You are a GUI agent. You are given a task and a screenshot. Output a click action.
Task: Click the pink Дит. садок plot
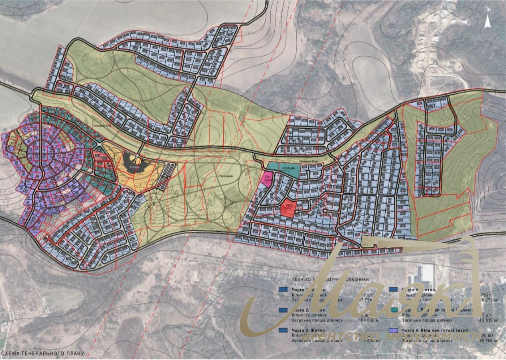[x=267, y=178]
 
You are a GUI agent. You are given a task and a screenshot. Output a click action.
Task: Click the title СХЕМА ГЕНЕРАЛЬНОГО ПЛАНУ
[x=43, y=353]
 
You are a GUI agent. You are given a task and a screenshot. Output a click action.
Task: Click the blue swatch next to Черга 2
[x=284, y=310]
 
